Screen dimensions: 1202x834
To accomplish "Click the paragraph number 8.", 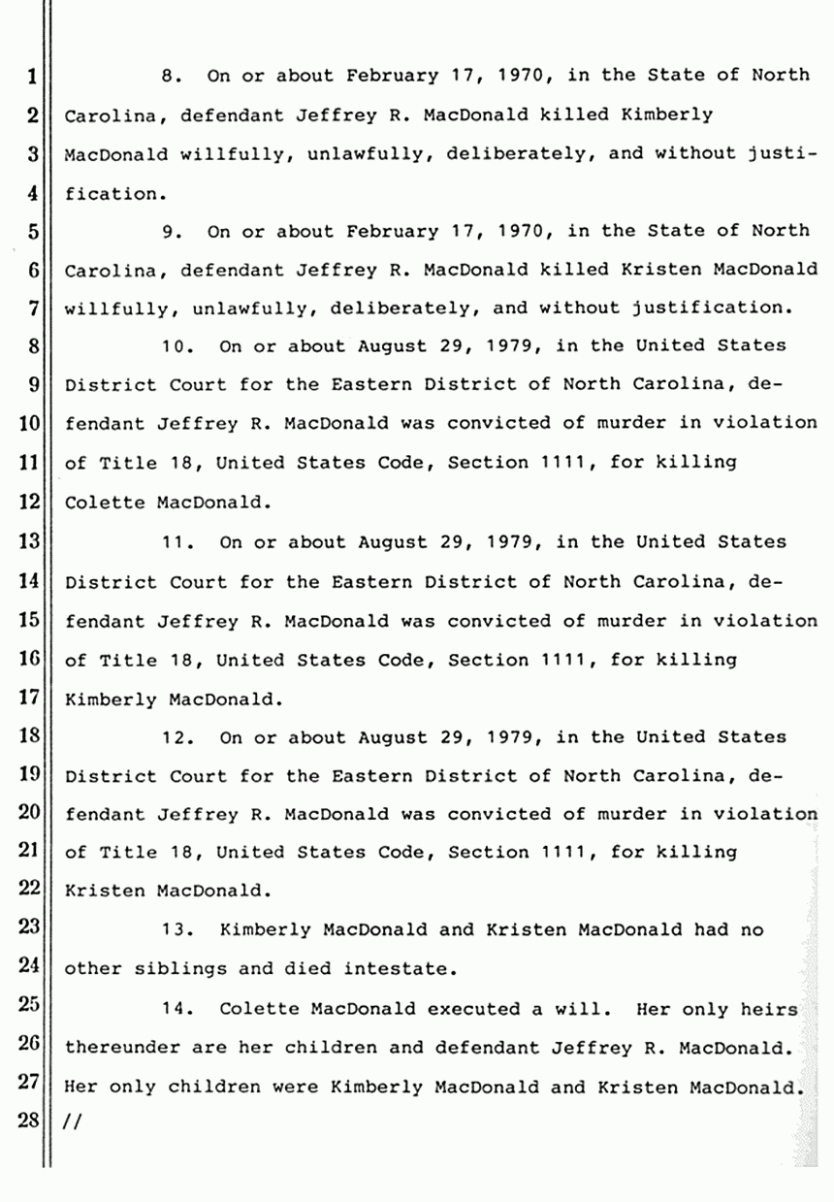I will [171, 76].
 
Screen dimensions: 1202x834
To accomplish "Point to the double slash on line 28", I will [73, 1123].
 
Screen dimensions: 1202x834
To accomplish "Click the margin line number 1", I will [32, 76].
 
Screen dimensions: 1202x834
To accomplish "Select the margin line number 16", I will [27, 660].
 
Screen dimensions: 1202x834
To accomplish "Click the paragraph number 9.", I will [171, 231].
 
